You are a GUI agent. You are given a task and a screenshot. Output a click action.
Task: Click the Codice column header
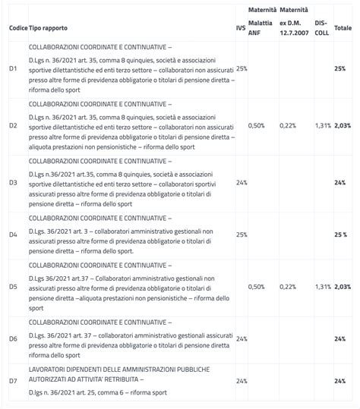pos(17,27)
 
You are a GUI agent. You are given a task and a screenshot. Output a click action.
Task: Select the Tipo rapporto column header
pos(48,27)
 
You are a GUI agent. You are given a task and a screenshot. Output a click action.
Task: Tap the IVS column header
pos(241,27)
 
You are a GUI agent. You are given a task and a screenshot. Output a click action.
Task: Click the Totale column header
pos(343,27)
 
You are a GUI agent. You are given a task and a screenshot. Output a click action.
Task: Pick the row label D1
pos(13,68)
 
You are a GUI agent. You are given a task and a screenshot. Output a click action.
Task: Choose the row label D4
pos(13,234)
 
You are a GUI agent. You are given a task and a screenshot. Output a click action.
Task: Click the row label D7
pos(13,380)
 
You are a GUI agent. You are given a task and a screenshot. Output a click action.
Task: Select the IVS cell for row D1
pos(242,68)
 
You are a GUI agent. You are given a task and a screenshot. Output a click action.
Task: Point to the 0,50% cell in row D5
pos(257,287)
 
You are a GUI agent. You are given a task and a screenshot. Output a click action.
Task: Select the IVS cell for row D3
pos(242,182)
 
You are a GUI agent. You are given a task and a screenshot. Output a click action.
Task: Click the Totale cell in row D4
pos(340,234)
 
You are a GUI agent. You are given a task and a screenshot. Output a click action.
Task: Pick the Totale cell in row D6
pos(340,338)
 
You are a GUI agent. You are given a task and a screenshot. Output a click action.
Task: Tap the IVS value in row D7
pos(242,380)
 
